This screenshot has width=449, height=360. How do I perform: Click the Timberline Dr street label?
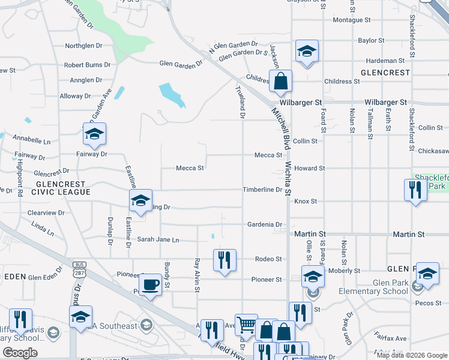pyautogui.click(x=262, y=190)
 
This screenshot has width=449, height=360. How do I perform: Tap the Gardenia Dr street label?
pyautogui.click(x=265, y=225)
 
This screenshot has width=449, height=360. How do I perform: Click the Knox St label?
pyautogui.click(x=306, y=202)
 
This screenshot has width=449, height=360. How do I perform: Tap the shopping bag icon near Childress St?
pyautogui.click(x=280, y=80)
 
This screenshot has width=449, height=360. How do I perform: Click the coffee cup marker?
pyautogui.click(x=150, y=284)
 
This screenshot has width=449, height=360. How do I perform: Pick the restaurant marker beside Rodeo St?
pyautogui.click(x=224, y=260)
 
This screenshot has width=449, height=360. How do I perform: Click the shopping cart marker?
pyautogui.click(x=246, y=325)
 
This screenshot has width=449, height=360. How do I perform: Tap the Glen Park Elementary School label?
pyautogui.click(x=369, y=292)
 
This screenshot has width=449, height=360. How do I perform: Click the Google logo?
pyautogui.click(x=20, y=353)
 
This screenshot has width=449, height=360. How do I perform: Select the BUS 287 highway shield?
pyautogui.click(x=79, y=268)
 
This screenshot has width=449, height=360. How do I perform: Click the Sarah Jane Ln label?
pyautogui.click(x=158, y=240)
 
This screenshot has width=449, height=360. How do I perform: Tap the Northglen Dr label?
pyautogui.click(x=84, y=46)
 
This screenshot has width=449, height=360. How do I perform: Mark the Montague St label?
pyautogui.click(x=352, y=20)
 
